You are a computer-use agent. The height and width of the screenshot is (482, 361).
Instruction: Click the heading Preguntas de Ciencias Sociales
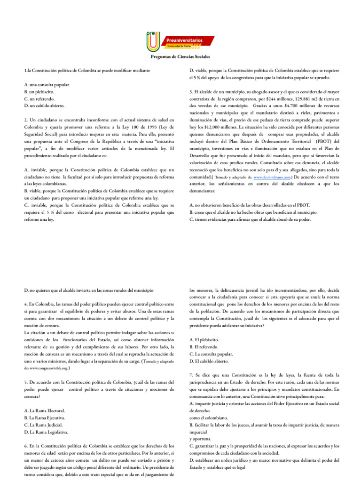180,56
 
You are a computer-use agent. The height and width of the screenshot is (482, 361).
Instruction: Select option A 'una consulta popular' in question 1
47,84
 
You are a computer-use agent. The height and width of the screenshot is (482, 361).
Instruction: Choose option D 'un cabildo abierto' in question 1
45,106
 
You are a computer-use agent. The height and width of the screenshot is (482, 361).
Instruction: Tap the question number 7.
191,375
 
